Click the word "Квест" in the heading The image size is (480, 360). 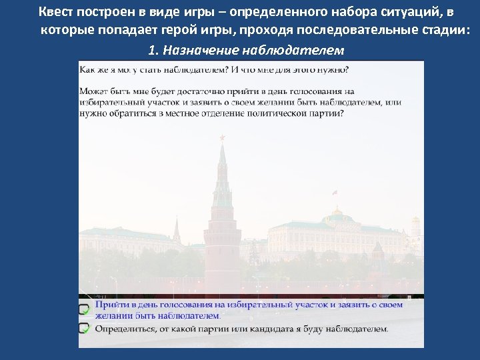[x=56, y=12]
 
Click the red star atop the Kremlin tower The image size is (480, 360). [x=223, y=137]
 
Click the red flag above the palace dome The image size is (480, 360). [x=335, y=193]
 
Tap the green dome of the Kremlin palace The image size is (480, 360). [x=338, y=216]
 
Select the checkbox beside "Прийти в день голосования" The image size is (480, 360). [x=85, y=309]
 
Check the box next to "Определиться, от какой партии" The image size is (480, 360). [x=85, y=328]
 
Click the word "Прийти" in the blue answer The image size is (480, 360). [x=110, y=305]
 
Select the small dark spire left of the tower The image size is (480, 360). [x=177, y=230]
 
